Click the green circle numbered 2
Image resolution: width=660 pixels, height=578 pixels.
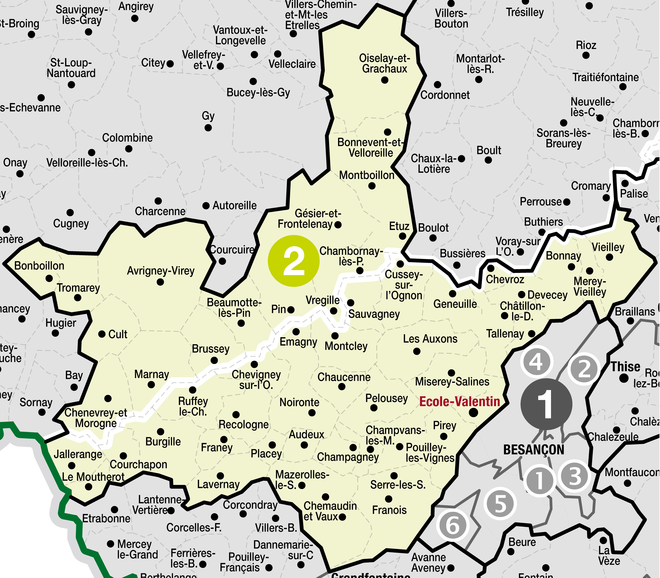293,261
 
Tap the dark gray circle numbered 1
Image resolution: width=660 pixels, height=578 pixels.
546,404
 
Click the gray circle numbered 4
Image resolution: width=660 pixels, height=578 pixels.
536,362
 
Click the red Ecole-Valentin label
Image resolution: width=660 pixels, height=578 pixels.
460,401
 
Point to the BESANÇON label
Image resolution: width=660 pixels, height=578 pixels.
534,450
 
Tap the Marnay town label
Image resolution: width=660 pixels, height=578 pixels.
152,374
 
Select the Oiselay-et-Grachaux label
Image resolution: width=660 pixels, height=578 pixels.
384,64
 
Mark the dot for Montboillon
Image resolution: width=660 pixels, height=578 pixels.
372,186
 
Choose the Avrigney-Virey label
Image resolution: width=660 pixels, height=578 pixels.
161,271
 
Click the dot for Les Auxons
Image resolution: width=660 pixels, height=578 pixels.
417,351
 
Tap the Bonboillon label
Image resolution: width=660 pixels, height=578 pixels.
39,266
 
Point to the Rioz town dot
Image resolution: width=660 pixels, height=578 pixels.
586,56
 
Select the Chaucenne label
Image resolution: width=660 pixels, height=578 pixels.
344,377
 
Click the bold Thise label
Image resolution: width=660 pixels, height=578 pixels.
625,367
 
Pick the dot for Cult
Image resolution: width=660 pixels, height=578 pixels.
102,334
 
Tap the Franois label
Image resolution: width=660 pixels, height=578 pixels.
389,510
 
